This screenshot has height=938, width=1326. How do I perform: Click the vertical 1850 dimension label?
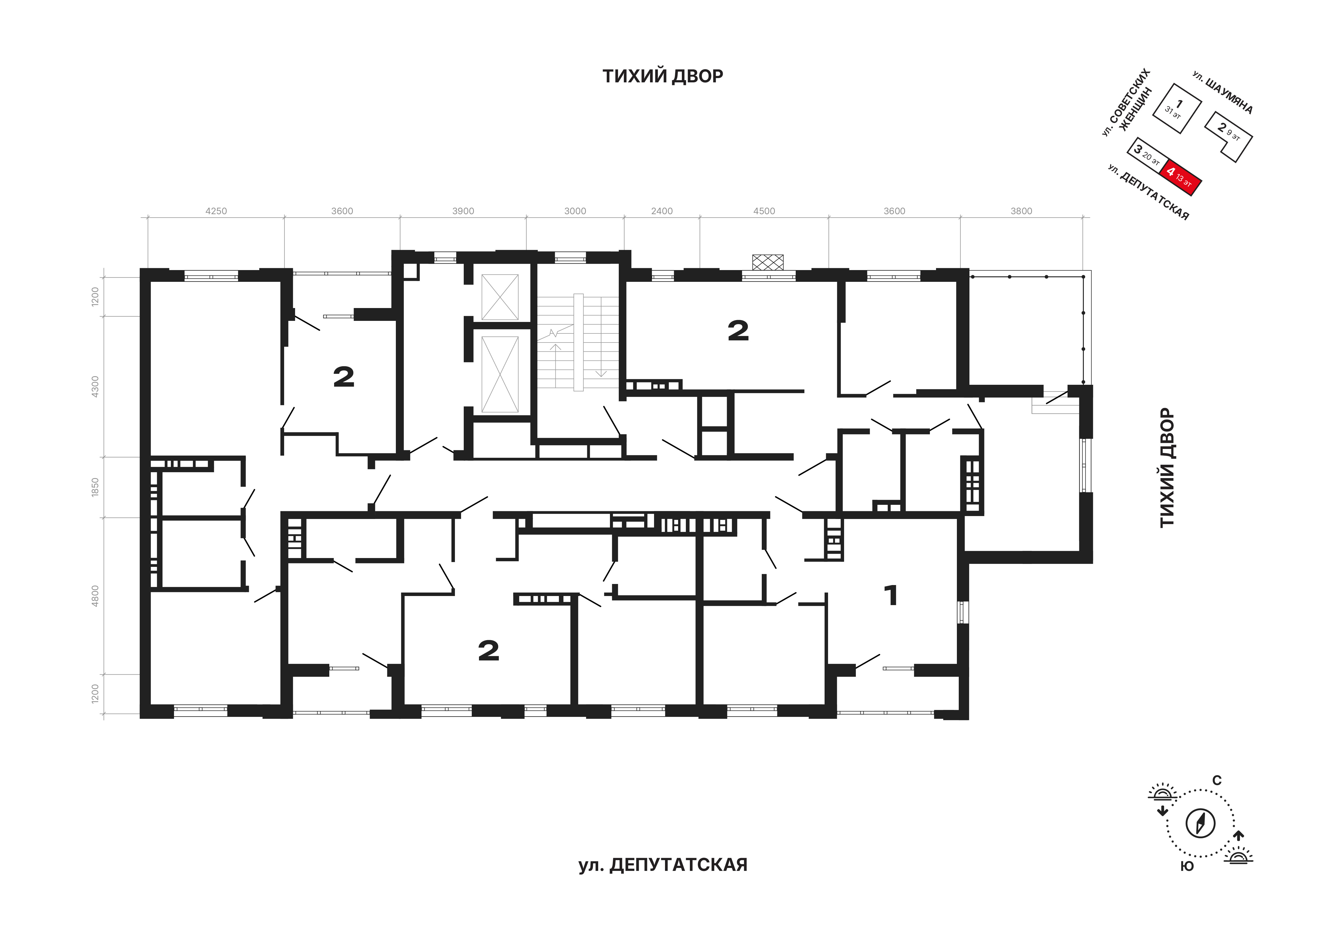(x=95, y=487)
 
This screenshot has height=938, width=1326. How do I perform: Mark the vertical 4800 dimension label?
(x=95, y=595)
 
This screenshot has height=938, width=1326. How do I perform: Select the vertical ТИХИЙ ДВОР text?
(x=1167, y=468)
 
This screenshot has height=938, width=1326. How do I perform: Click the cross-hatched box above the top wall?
(x=768, y=262)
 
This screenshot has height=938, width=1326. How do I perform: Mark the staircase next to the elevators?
(x=578, y=343)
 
